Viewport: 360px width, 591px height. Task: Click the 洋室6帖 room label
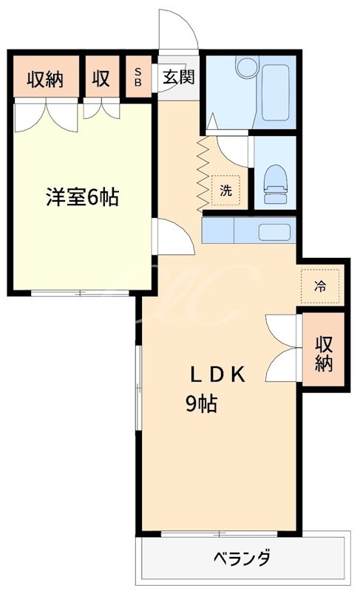point(82,197)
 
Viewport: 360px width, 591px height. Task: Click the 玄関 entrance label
point(178,77)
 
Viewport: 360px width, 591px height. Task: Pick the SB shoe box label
point(138,77)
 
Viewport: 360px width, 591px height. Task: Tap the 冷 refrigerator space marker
point(320,286)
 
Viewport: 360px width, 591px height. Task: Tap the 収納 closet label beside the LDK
point(324,353)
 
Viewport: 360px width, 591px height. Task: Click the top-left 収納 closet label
point(44,78)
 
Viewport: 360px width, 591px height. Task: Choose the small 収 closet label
point(102,78)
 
